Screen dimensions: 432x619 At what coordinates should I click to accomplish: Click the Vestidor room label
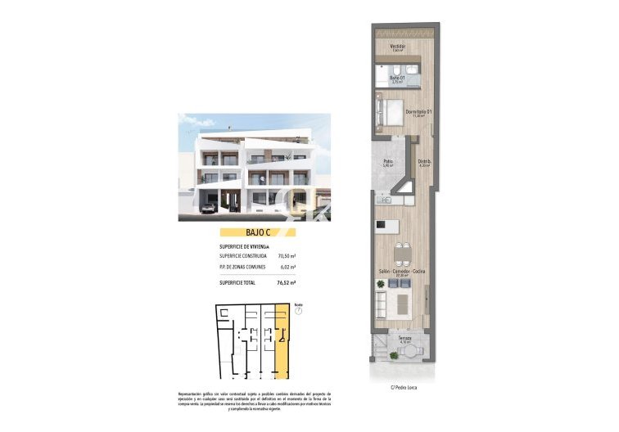(398, 47)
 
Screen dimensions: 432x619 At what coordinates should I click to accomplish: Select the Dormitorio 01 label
(418, 112)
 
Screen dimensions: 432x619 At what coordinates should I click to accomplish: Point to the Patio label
(388, 162)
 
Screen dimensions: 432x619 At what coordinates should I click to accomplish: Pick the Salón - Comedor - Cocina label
(401, 271)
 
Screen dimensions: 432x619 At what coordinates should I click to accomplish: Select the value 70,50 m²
(287, 256)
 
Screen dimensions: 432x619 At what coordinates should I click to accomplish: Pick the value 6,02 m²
(287, 267)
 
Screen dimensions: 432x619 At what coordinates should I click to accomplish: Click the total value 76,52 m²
(287, 282)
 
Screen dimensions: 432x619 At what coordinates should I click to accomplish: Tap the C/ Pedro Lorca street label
(404, 387)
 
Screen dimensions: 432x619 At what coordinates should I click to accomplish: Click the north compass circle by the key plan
(298, 311)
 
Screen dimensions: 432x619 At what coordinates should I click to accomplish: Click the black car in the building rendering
(209, 208)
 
